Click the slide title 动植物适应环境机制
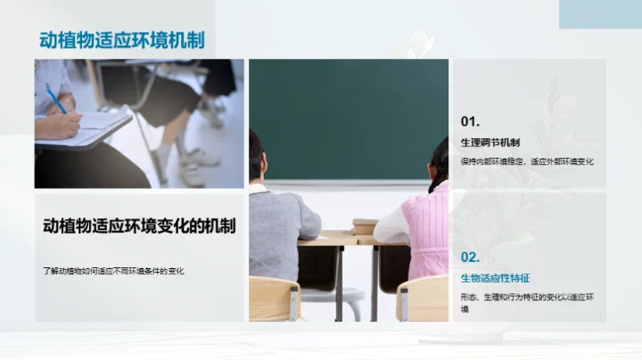(x=121, y=40)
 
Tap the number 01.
(x=471, y=121)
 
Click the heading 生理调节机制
(x=490, y=143)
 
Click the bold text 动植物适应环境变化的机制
(x=139, y=226)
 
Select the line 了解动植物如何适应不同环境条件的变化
(x=113, y=270)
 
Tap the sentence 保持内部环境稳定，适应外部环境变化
(x=527, y=161)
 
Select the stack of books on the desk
(x=365, y=226)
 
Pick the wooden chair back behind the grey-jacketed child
(x=274, y=298)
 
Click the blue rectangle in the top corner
(x=600, y=13)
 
